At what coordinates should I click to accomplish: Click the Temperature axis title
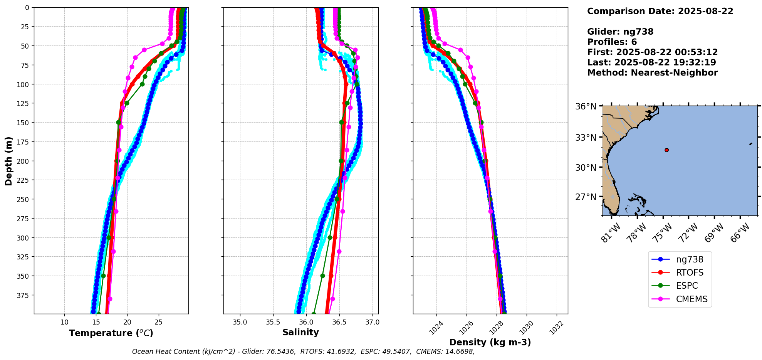[x=111, y=333]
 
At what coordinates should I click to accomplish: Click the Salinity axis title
[x=300, y=332]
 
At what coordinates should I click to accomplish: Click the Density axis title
[x=490, y=342]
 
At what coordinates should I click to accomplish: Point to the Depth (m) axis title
[x=9, y=161]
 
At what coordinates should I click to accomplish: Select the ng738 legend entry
[x=689, y=259]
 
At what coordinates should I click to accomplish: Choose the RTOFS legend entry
[x=689, y=273]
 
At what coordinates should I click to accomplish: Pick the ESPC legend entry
[x=686, y=286]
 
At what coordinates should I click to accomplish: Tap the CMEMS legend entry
[x=692, y=299]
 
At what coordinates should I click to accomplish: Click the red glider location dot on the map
[x=666, y=150]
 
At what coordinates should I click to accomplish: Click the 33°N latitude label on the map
[x=586, y=138]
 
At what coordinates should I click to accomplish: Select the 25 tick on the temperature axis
[x=159, y=322]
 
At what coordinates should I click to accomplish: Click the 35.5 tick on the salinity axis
[x=273, y=322]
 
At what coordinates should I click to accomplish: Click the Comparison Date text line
[x=660, y=11]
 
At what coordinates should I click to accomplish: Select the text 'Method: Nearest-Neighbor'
[x=652, y=73]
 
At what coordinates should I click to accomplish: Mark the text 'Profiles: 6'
[x=612, y=42]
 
